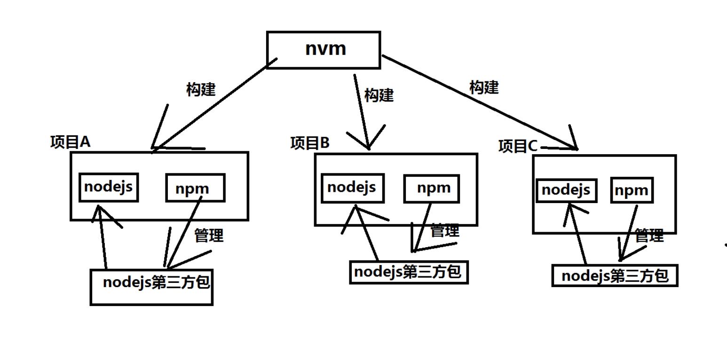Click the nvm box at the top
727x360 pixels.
(x=323, y=50)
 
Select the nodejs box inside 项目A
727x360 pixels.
(x=109, y=187)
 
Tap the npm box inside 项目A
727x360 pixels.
(x=195, y=188)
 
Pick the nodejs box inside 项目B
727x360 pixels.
(x=352, y=188)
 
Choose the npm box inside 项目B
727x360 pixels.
(x=432, y=188)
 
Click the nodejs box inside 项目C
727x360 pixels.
(x=566, y=190)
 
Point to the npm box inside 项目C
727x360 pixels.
(x=632, y=191)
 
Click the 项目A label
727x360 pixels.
(x=70, y=142)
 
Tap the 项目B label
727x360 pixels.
(x=310, y=143)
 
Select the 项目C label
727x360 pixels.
(x=518, y=147)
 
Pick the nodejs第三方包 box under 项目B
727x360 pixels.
(x=409, y=272)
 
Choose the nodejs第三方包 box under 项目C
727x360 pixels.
(x=615, y=275)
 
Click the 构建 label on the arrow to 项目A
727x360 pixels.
(x=201, y=89)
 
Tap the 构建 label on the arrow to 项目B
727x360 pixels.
(x=379, y=95)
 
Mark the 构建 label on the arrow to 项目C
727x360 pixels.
(x=484, y=87)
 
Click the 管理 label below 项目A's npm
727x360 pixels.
(x=209, y=235)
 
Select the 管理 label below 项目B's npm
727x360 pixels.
(x=445, y=231)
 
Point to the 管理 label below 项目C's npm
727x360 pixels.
(x=649, y=236)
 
